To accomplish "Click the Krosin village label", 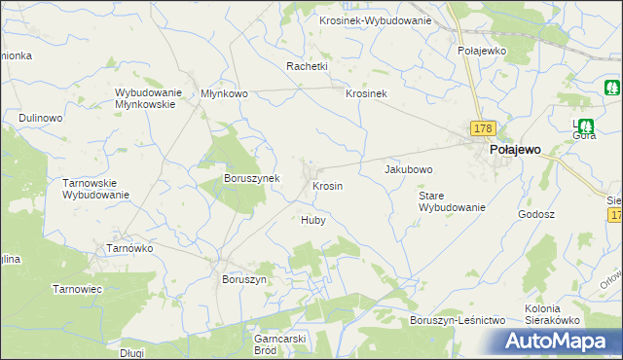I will point(326,185).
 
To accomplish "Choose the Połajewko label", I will point(479,50).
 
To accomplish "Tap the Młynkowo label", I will point(224,93).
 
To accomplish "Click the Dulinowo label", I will point(40,118).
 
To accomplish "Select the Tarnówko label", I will point(129,248).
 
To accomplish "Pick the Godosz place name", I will point(536,214).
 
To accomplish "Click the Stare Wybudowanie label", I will point(452,201).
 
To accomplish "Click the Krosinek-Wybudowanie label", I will point(376,20).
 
